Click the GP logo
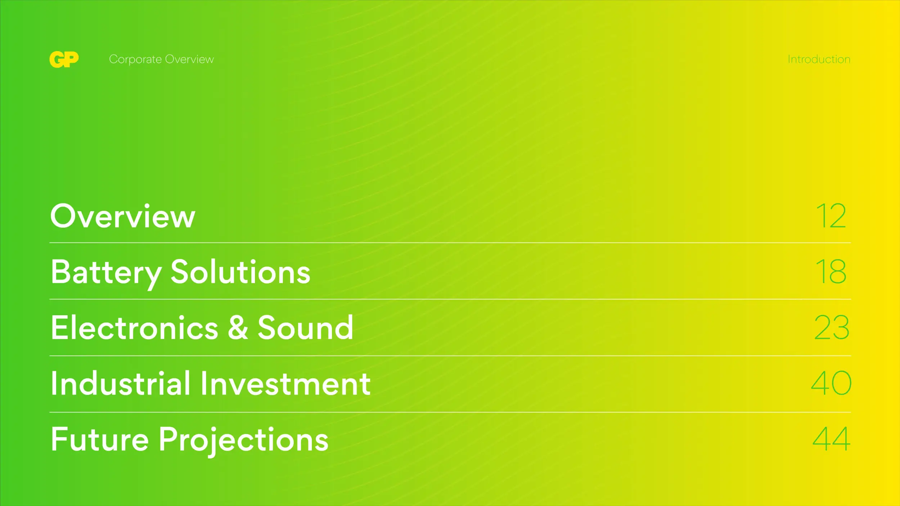click(x=64, y=59)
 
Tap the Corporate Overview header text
click(x=161, y=59)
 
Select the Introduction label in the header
click(x=819, y=59)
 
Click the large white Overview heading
click(x=123, y=216)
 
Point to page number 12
click(x=831, y=216)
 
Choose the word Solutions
click(x=240, y=272)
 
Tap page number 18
click(x=831, y=271)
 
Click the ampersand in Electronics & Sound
click(x=238, y=327)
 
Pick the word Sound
click(x=305, y=327)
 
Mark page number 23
click(x=832, y=327)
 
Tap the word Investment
click(x=285, y=384)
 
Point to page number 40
click(x=831, y=383)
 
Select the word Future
click(x=100, y=439)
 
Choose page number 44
click(x=831, y=439)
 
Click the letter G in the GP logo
click(x=57, y=59)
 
